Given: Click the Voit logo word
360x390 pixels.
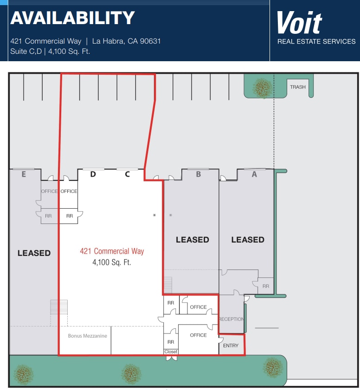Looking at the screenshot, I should coord(299,23).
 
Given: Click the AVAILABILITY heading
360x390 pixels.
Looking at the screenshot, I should coord(72,18).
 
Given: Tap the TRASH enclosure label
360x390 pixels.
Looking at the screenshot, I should coord(298,87).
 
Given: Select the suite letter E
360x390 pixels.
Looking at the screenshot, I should coord(24,174).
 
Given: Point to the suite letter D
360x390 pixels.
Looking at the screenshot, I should coord(93,174).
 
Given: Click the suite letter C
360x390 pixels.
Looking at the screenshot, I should coord(127,174).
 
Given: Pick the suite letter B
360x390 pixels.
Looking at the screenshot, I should coord(199,174).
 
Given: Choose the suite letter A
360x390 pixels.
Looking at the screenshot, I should coord(254,174).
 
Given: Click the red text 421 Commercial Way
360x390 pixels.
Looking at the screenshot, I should coord(112,251).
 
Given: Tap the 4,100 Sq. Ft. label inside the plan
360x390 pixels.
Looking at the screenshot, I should coord(112,262).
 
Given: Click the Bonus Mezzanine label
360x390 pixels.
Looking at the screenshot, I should coord(87,336).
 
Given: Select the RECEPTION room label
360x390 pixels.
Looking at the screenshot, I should coord(231,319).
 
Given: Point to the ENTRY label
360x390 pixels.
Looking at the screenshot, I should coord(231,345).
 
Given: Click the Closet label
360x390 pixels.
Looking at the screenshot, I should coord(171,352).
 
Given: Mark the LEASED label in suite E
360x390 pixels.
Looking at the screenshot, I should coord(34,253).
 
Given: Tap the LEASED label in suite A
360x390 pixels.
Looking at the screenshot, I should coord(248,239).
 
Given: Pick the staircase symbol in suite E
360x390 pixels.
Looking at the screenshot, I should coord(59,307).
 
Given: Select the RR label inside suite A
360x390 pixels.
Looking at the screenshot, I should coord(265,286).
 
